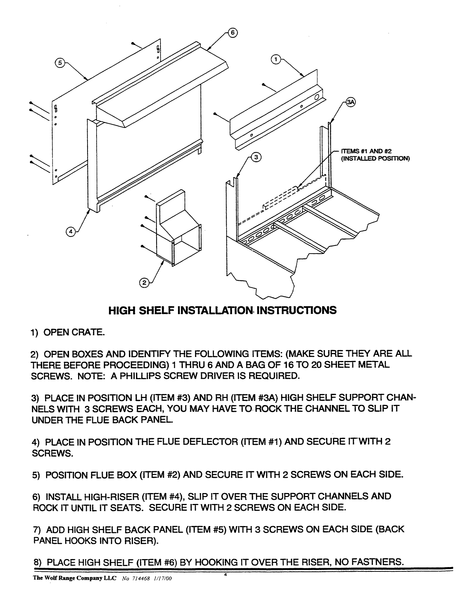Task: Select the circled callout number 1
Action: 276,60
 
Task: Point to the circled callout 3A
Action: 350,103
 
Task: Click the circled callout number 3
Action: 256,157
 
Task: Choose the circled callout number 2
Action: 144,283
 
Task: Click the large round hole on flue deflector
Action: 316,98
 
